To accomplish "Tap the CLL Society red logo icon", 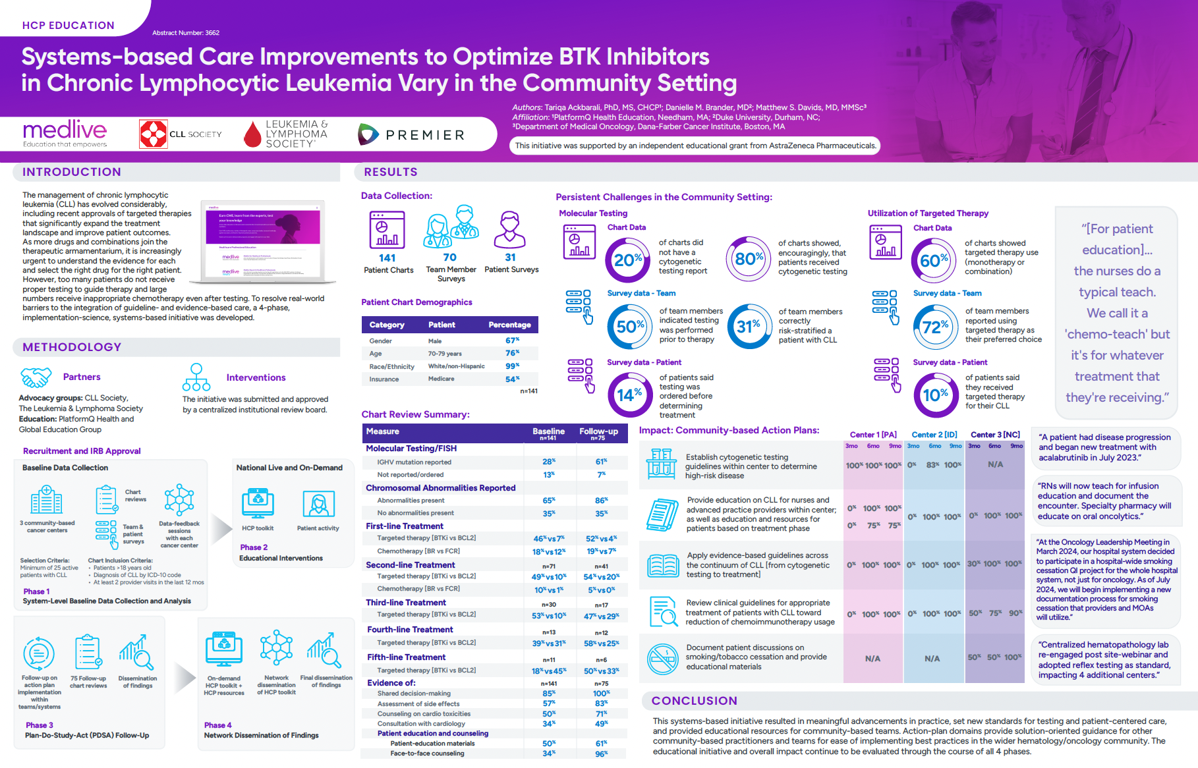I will (154, 134).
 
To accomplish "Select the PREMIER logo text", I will (425, 135).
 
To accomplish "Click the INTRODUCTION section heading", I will (72, 172).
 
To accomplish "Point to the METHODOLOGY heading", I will (72, 347).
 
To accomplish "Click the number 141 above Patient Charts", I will (387, 258).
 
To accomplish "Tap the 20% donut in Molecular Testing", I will (627, 260).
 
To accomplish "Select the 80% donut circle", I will (749, 259).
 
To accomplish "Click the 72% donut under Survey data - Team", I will (935, 327).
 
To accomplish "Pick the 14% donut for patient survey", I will (629, 395).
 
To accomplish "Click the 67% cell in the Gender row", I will (512, 341).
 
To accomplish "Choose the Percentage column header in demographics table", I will (509, 325).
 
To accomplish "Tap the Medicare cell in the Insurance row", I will (442, 379).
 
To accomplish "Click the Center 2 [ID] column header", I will (934, 435).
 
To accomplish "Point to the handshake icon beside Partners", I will (36, 377).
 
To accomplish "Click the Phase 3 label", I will (40, 725).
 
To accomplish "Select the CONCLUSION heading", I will (694, 701).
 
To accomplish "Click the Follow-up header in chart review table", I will (598, 431).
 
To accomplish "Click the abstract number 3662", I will (186, 33).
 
